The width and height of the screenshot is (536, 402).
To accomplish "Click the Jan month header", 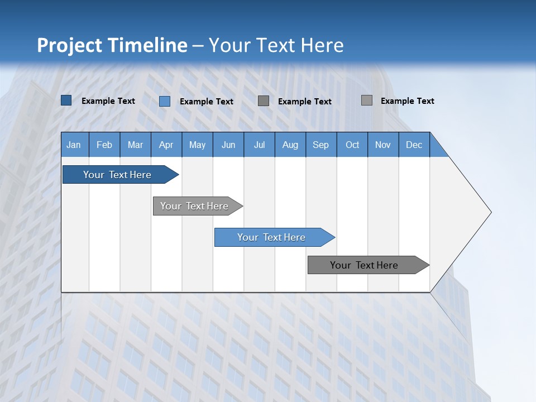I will click(74, 145).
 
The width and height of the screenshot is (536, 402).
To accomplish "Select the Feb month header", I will click(104, 145).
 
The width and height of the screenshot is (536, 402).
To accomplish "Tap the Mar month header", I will click(135, 145).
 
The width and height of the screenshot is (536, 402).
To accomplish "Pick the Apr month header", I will click(166, 145).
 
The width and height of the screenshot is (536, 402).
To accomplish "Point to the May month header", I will click(197, 145).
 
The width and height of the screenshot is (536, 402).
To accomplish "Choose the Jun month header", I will click(228, 145).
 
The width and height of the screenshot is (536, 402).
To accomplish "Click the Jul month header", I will click(259, 145).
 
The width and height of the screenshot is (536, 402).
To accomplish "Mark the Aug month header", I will click(290, 145).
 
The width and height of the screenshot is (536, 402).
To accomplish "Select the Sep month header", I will click(321, 145).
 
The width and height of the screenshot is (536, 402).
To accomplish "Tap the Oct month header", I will click(352, 145).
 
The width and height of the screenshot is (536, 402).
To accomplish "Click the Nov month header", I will click(383, 145).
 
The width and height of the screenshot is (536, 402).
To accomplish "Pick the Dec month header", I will click(414, 145).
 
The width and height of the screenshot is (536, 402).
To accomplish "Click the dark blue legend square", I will click(66, 100).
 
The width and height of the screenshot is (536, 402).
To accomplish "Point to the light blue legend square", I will click(165, 101).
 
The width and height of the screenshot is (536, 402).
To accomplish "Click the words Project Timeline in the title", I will click(112, 45).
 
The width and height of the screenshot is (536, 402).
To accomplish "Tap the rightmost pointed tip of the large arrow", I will click(490, 212).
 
